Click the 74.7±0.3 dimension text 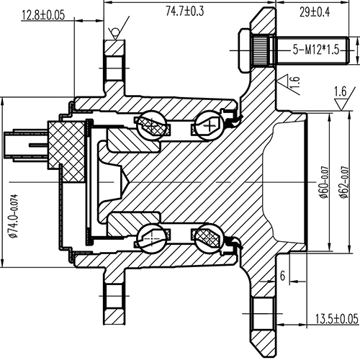click(x=185, y=10)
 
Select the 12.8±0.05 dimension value click(x=43, y=14)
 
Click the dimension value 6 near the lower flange click(x=283, y=276)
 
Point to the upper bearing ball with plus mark click(x=211, y=125)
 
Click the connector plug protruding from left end click(x=21, y=142)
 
